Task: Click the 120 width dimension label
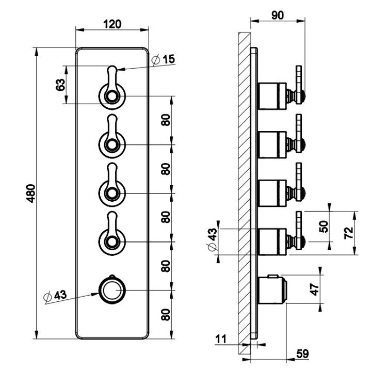(x=112, y=24)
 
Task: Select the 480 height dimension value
(x=31, y=193)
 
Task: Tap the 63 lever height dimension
(x=61, y=85)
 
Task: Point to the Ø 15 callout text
(x=163, y=59)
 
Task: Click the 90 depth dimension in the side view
(x=278, y=15)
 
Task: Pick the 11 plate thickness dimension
(x=221, y=339)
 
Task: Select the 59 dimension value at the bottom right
(x=302, y=353)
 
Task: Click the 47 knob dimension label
(x=314, y=289)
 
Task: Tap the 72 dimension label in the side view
(x=349, y=233)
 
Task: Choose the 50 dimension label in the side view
(x=324, y=227)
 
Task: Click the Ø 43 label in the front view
(x=55, y=296)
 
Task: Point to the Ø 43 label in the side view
(x=212, y=239)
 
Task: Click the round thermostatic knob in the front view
(x=112, y=290)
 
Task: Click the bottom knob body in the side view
(x=271, y=290)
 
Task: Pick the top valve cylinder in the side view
(x=272, y=96)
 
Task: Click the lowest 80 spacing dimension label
(x=166, y=314)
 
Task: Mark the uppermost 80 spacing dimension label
(x=166, y=120)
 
